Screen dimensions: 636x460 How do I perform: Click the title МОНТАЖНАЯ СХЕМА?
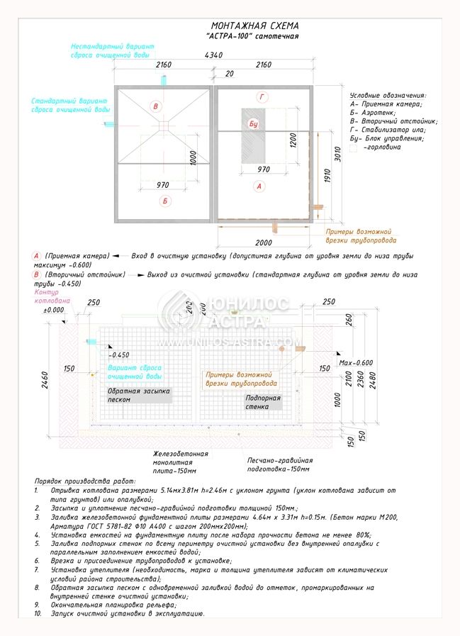click(254, 25)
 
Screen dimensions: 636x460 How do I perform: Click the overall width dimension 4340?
click(213, 56)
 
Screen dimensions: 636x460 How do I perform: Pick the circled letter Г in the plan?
click(262, 96)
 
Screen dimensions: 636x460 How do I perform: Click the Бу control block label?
click(254, 124)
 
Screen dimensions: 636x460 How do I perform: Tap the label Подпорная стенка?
click(263, 403)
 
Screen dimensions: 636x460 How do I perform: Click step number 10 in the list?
click(38, 613)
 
